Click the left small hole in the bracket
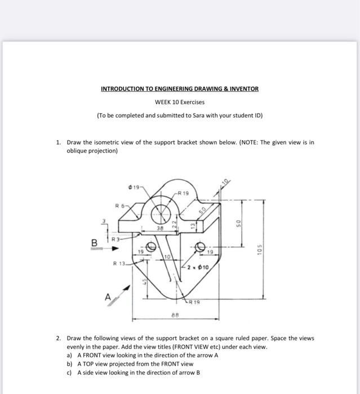coord(152,246)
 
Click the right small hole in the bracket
coord(201,246)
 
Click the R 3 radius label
coord(115,239)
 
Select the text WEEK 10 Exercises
coord(180,102)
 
